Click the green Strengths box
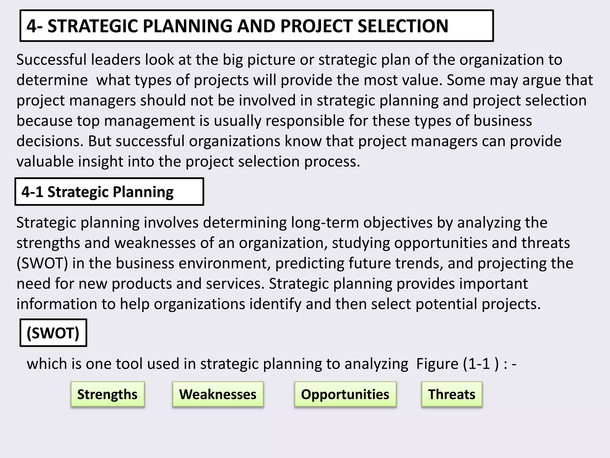(108, 394)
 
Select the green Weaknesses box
(218, 394)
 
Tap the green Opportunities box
(345, 394)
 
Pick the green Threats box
(452, 394)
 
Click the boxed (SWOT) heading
(53, 333)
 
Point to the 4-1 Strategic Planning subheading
(97, 192)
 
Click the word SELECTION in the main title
(403, 26)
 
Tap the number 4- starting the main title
(35, 26)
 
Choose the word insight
(101, 161)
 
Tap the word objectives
(398, 223)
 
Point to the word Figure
(437, 364)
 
